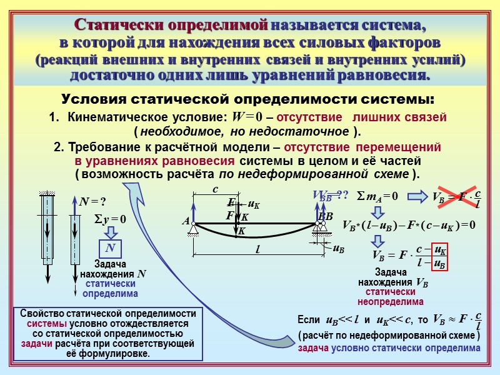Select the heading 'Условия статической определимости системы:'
[x=247, y=100]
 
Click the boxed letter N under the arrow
[x=110, y=249]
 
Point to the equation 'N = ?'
[x=92, y=201]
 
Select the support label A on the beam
[x=186, y=221]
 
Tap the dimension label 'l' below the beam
[x=257, y=249]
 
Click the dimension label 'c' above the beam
[x=215, y=188]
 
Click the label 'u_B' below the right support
[x=338, y=248]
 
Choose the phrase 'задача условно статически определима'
[x=389, y=349]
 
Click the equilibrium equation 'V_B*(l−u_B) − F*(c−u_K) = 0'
[x=409, y=225]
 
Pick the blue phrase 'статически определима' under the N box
[x=111, y=288]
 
